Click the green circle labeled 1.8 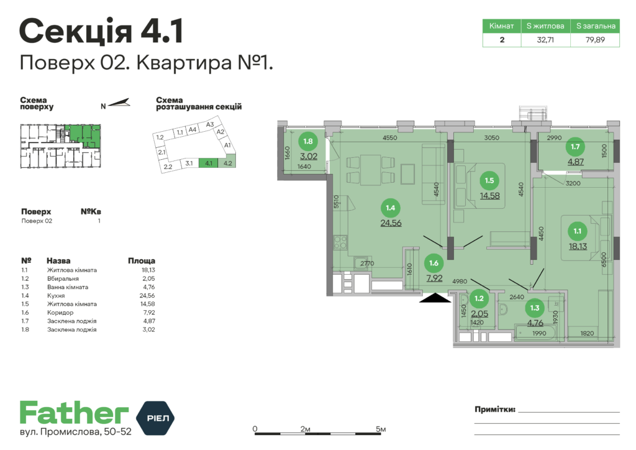pos(309,140)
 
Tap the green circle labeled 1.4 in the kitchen pos(391,208)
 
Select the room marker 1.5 pos(489,181)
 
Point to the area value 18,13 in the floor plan pos(578,246)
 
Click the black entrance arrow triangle pos(435,298)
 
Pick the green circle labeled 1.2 pos(479,298)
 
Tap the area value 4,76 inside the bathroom pos(535,323)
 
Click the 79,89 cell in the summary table pos(596,40)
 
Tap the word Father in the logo pos(74,413)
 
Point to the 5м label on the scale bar pos(381,429)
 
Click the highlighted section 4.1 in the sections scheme pos(209,164)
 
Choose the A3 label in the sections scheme pos(210,124)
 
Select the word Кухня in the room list pos(57,296)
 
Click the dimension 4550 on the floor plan pos(390,138)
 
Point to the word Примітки pos(494,410)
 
